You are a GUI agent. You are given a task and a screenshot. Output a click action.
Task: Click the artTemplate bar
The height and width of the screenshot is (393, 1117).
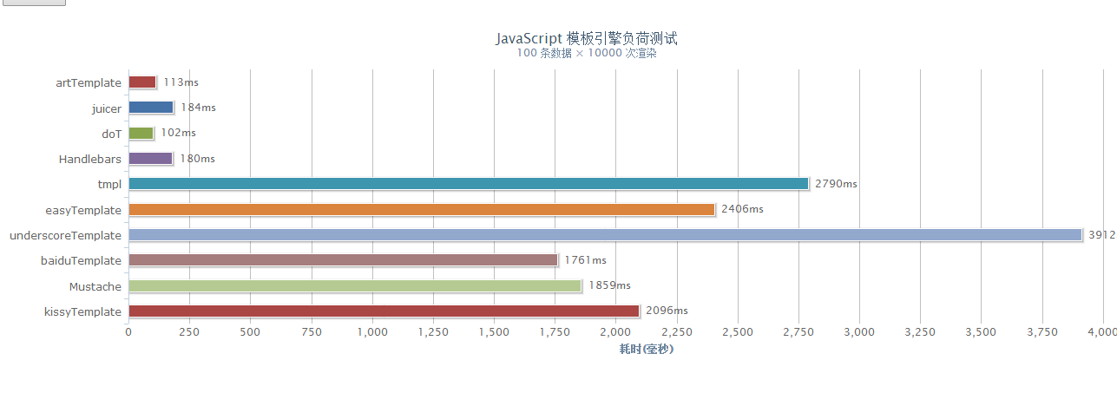click(x=142, y=82)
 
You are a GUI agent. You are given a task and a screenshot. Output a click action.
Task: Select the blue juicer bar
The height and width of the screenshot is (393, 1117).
click(x=151, y=108)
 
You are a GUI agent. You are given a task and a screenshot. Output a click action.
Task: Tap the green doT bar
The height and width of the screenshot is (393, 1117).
click(x=141, y=134)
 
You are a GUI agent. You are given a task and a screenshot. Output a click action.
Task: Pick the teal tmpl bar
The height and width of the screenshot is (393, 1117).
click(x=469, y=184)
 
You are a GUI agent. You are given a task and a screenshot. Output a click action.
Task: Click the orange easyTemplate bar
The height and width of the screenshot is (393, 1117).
click(x=422, y=209)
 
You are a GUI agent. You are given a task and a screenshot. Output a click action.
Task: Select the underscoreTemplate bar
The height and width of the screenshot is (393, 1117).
click(x=605, y=235)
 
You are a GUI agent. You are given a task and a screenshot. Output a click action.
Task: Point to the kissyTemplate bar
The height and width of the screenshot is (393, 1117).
click(x=384, y=311)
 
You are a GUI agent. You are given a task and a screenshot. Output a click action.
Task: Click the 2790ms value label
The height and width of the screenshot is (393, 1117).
click(x=836, y=184)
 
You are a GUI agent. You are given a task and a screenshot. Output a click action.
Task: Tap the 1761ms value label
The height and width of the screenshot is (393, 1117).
click(x=585, y=260)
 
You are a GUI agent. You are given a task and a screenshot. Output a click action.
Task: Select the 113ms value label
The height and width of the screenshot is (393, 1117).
click(x=181, y=82)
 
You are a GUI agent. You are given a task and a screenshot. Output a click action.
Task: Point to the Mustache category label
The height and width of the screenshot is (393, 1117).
click(x=95, y=286)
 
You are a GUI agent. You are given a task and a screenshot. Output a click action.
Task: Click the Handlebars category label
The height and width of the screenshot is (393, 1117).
click(x=90, y=159)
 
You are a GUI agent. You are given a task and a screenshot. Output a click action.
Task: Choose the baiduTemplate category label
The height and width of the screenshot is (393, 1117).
click(x=81, y=260)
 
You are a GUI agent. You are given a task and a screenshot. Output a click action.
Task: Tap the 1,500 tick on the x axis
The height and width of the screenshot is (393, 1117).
click(x=494, y=331)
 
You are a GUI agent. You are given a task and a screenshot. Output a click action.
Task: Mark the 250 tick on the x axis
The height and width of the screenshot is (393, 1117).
click(x=189, y=331)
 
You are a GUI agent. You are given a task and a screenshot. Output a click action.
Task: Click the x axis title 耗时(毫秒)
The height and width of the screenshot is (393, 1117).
click(x=646, y=349)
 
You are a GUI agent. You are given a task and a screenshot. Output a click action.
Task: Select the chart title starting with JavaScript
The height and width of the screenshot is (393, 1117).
click(x=586, y=38)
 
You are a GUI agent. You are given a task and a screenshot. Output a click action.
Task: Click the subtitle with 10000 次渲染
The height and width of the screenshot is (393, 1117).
click(x=586, y=53)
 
